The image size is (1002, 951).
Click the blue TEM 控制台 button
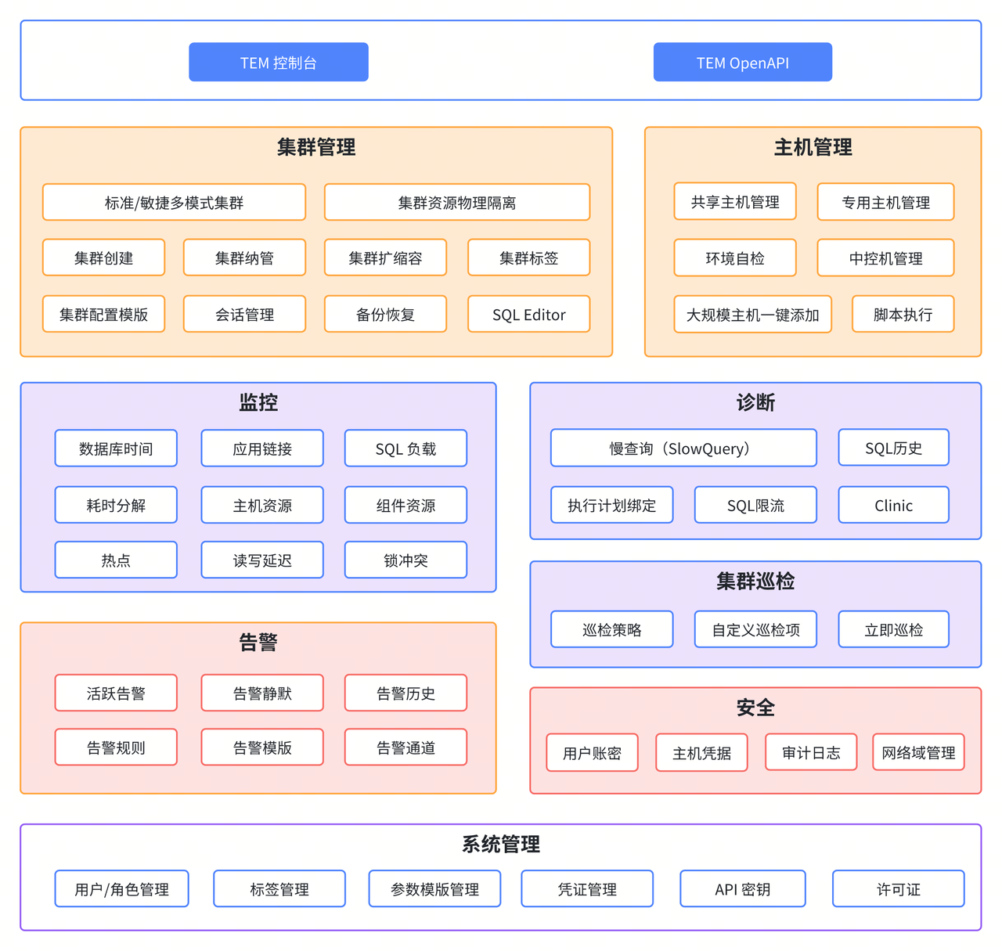tap(279, 63)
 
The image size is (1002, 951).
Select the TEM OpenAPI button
tap(743, 63)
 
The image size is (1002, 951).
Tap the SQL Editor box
tap(528, 315)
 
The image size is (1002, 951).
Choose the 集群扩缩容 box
tap(385, 258)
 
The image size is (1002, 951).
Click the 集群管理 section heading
tap(316, 147)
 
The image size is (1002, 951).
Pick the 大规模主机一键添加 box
tap(752, 315)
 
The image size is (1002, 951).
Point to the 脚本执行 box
tap(903, 315)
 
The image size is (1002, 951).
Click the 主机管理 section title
tap(813, 147)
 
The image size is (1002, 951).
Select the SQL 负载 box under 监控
tap(405, 448)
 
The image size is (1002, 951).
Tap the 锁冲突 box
tap(405, 560)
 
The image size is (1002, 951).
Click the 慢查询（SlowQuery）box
tap(683, 448)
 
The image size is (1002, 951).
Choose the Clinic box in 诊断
tap(893, 506)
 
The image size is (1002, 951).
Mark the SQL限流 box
tap(755, 506)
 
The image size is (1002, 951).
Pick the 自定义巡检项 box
tap(755, 630)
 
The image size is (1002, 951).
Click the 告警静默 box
tap(262, 693)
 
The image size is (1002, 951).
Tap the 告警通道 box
tap(405, 748)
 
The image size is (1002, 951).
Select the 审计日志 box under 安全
tap(811, 753)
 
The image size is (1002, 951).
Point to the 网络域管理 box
tap(918, 753)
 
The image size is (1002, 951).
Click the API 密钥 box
tap(742, 889)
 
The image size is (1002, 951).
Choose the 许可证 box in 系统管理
tap(898, 889)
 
